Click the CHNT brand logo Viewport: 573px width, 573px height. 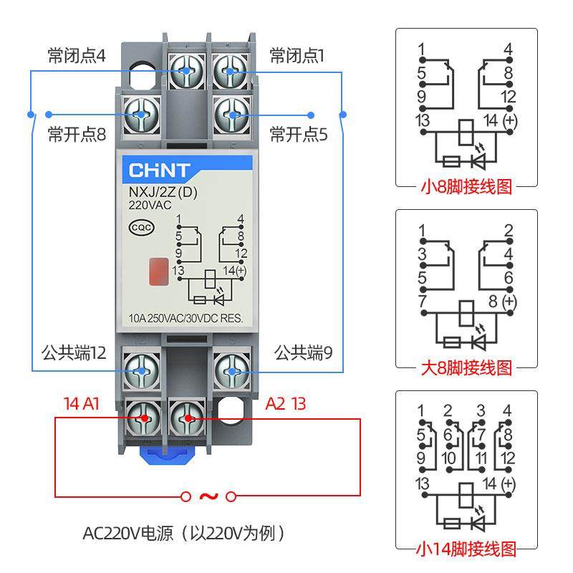(160, 170)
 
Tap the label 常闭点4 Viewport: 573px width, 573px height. (77, 56)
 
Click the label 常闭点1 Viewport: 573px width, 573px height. (296, 56)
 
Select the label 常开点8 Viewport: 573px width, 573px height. (77, 134)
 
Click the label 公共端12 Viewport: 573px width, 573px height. (74, 352)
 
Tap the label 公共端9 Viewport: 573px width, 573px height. (303, 352)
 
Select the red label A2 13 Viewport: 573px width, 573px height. (285, 403)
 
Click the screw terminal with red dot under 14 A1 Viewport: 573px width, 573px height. (143, 418)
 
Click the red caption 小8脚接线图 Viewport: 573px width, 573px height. (466, 188)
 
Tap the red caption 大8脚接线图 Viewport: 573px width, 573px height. (466, 368)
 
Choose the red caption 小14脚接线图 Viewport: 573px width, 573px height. (466, 549)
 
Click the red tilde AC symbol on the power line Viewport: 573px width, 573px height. (208, 496)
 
